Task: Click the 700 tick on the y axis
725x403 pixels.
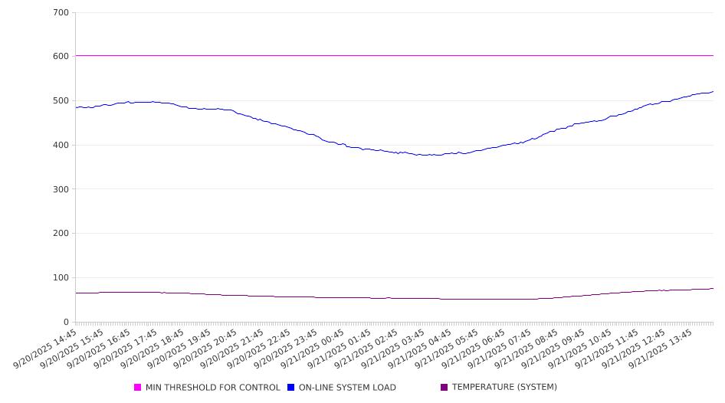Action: point(61,13)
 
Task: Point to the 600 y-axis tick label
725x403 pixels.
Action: point(61,57)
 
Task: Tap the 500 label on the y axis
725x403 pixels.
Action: point(61,101)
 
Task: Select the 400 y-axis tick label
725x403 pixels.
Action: point(61,146)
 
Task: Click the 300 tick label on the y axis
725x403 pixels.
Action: point(61,189)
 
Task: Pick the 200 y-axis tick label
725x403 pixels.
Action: point(61,234)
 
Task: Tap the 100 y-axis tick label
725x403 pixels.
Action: point(61,278)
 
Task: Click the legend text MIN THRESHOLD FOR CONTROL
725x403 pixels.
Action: point(212,388)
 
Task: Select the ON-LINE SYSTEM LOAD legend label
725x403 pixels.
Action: point(347,388)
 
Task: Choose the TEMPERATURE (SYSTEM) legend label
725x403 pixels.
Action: point(504,388)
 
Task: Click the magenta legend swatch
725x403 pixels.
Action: point(138,388)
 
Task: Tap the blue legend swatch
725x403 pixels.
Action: point(291,388)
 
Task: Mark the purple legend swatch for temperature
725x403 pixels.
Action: point(445,388)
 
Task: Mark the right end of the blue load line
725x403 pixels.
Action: point(713,92)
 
